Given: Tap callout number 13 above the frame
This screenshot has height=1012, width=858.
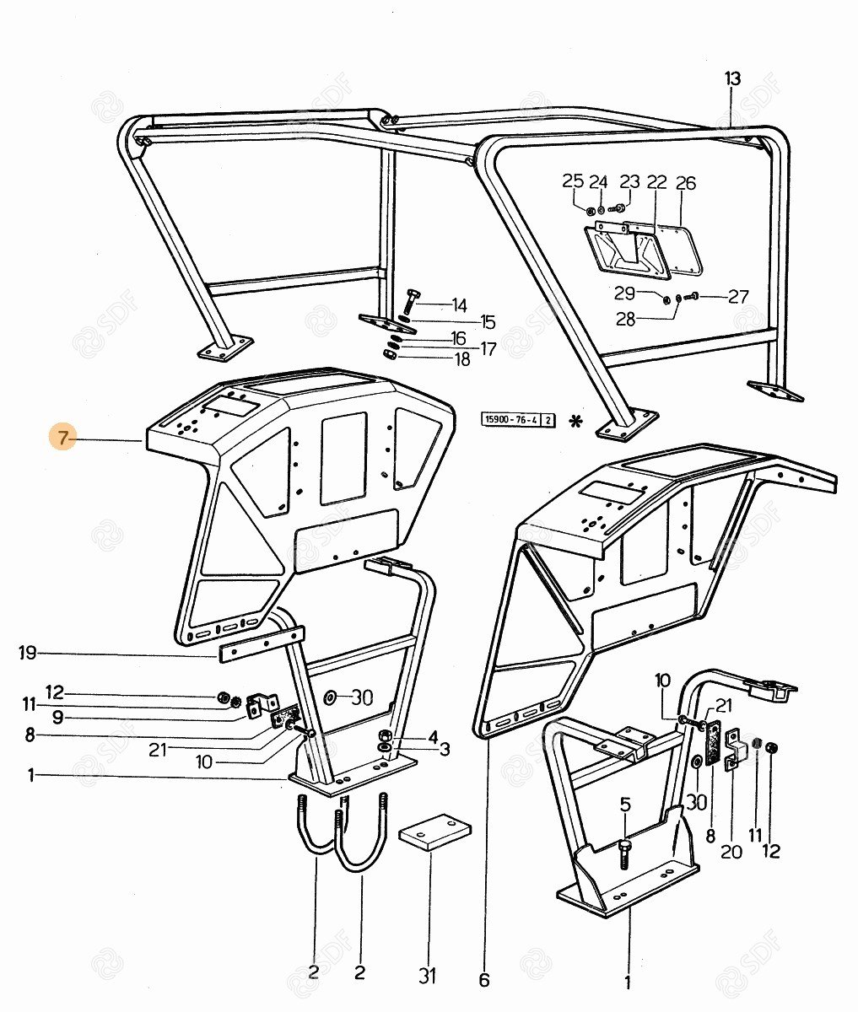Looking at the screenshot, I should click(731, 79).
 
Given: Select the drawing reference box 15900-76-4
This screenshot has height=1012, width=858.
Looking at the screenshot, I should click(518, 419).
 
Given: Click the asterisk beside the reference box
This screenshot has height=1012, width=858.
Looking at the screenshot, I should click(576, 420).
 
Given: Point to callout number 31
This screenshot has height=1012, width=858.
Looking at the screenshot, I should click(428, 976).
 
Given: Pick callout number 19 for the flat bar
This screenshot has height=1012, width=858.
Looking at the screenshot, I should click(28, 652).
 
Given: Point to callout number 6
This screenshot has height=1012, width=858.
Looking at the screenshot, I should click(483, 981).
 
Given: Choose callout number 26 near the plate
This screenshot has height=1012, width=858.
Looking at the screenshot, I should click(686, 183).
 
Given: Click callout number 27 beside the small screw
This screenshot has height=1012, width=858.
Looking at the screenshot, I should click(738, 297).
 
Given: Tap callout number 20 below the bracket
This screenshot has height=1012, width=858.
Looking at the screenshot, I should click(731, 852).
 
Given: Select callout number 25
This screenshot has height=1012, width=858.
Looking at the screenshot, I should click(573, 181).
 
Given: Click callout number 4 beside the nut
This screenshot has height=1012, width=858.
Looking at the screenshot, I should click(433, 736).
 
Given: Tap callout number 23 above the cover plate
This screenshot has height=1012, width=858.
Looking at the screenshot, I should click(630, 182).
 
